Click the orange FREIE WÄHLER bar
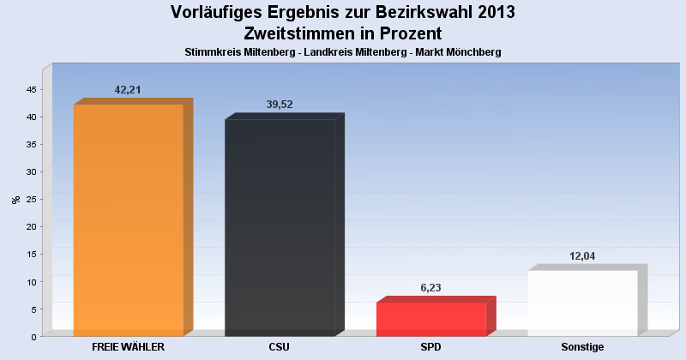tap(129, 219)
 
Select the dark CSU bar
tap(280, 227)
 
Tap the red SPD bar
tap(431, 319)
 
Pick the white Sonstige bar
tap(582, 303)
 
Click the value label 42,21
tap(128, 89)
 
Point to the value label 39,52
tap(280, 104)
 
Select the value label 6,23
tap(431, 288)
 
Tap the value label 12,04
tap(583, 255)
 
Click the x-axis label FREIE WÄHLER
tap(128, 346)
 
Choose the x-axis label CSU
tap(280, 346)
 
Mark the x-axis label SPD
tap(431, 346)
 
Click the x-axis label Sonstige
tap(582, 346)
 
